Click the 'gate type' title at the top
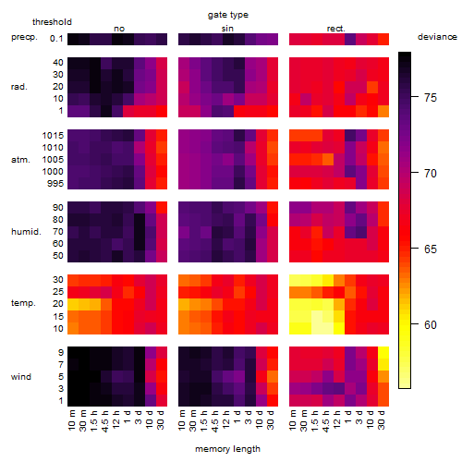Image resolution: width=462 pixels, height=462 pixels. point(228,15)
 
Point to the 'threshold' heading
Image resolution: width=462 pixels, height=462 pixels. point(52,22)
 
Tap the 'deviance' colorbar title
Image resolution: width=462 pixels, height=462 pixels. point(437,37)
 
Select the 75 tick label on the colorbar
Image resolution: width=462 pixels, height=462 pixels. point(431,98)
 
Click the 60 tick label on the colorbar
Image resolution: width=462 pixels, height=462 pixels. point(431,325)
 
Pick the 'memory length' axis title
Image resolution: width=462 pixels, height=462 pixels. point(227,449)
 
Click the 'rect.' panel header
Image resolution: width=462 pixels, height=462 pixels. point(336,29)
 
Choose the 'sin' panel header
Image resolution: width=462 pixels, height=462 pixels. point(227,29)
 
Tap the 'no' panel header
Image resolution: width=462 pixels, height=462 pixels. point(119,29)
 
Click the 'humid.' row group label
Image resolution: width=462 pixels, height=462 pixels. point(26,232)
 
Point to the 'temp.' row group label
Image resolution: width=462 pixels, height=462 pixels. point(23,303)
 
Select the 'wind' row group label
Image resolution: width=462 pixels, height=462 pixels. point(21,377)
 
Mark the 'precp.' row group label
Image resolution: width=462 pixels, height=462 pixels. point(24,37)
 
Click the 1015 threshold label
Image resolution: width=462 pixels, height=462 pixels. point(53,136)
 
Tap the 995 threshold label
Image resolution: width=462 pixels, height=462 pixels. point(55,184)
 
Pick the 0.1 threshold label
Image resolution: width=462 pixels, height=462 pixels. point(56,39)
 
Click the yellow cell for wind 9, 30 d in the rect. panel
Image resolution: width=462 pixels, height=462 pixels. point(383,352)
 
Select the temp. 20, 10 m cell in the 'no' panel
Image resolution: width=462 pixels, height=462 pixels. point(73,304)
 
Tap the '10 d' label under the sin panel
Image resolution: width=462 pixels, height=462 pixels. point(260,419)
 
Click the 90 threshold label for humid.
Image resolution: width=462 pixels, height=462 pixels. point(58,208)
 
